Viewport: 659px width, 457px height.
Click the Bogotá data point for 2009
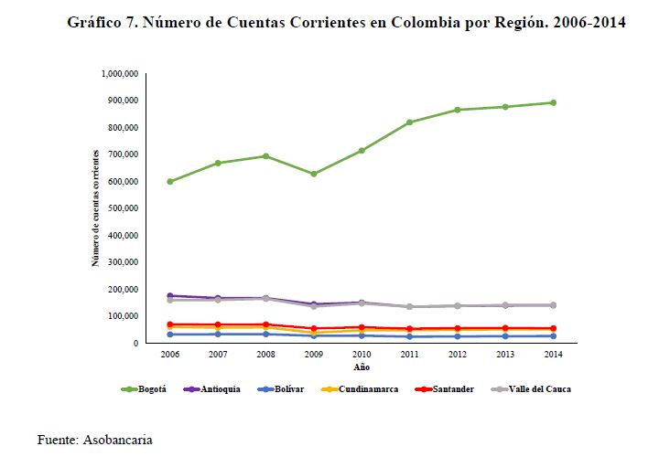(x=313, y=174)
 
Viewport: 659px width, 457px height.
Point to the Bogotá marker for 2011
(x=410, y=122)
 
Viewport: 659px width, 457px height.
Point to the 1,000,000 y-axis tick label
(x=118, y=73)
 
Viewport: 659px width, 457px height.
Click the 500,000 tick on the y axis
(x=122, y=208)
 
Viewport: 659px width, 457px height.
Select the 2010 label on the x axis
(x=362, y=353)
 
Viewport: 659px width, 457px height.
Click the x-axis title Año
(x=362, y=367)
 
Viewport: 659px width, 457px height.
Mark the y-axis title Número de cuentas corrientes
(x=95, y=207)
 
